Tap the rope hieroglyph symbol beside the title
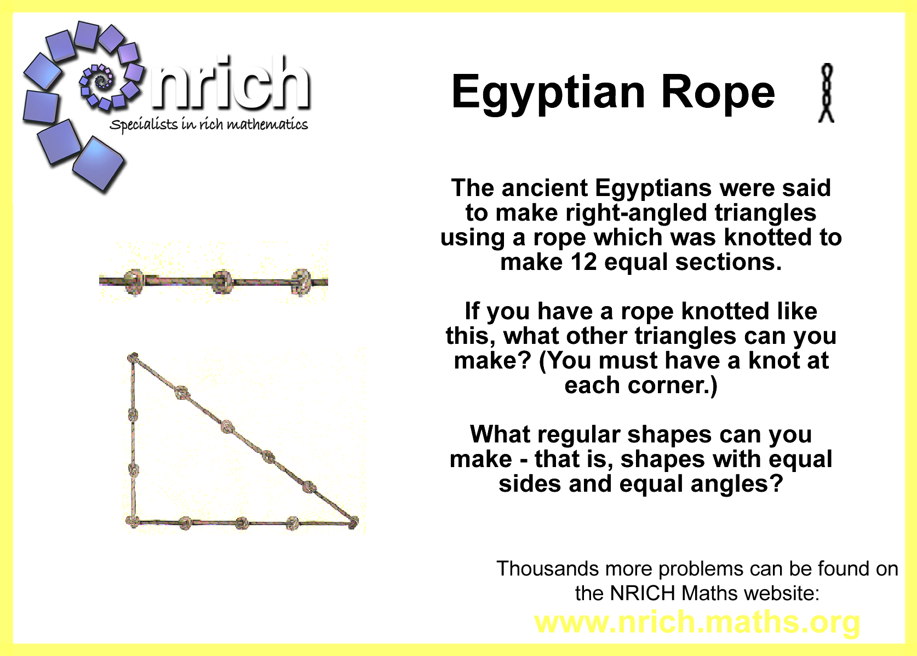(x=826, y=93)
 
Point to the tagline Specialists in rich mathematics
(x=209, y=124)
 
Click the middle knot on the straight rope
(x=223, y=281)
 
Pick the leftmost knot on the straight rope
(x=134, y=281)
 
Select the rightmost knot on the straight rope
(x=301, y=281)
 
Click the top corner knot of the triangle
(x=133, y=358)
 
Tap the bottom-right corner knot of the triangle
(x=353, y=522)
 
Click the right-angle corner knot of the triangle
(x=132, y=522)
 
